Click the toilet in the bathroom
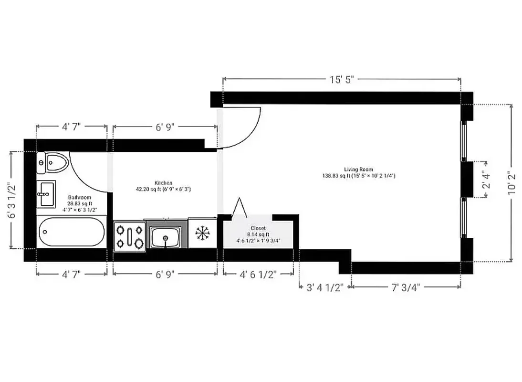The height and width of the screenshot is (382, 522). pos(53,163)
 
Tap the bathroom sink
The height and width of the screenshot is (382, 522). pos(47,193)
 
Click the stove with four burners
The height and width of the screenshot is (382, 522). pos(129,236)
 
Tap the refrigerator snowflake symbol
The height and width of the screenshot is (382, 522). pos(203,233)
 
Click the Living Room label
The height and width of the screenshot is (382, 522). pos(358,170)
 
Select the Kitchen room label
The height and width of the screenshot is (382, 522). pos(164,183)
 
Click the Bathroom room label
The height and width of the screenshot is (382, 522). pos(79,197)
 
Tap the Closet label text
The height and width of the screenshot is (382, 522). pos(258,228)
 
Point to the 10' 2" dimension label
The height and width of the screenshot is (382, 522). pos(512,182)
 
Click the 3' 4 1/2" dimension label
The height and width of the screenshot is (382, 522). pos(324,288)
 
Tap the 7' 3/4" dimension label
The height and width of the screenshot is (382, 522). pos(406,288)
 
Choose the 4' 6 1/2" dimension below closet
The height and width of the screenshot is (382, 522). pos(258,275)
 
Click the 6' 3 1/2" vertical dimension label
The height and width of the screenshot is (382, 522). pos(13,200)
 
